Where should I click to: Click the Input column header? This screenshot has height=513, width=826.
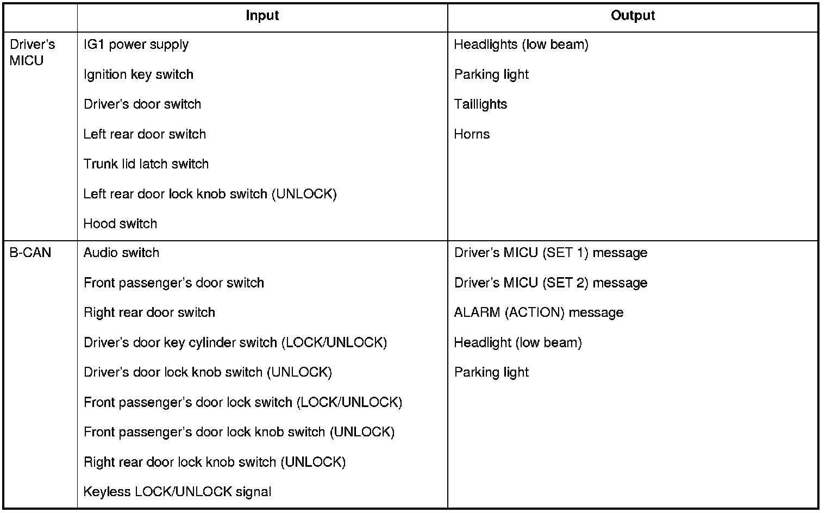tap(262, 16)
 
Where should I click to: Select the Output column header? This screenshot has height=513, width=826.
tap(633, 16)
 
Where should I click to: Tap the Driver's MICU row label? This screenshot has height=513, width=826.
tap(33, 53)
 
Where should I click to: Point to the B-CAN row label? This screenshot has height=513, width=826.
tap(30, 253)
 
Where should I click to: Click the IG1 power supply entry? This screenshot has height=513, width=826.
tap(136, 45)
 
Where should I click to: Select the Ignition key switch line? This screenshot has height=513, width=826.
tap(139, 74)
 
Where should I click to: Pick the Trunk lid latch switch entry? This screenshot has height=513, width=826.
tap(146, 164)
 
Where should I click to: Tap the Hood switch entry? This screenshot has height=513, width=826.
tap(120, 224)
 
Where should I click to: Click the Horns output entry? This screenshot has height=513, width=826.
tap(472, 134)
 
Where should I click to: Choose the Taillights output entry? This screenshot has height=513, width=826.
tap(480, 104)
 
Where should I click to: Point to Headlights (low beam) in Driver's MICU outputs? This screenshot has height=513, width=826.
tap(521, 45)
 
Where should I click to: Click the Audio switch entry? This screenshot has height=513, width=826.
tap(121, 253)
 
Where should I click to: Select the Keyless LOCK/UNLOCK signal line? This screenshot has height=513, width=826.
tap(177, 492)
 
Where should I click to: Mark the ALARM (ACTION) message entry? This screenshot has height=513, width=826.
tap(539, 313)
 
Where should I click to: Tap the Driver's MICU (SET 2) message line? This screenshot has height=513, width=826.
tap(550, 283)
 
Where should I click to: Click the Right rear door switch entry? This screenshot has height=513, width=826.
tap(149, 313)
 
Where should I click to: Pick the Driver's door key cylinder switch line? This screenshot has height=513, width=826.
tap(235, 343)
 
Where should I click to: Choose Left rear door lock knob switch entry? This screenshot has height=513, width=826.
tap(210, 194)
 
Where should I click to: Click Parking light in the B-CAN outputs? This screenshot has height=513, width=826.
tap(491, 373)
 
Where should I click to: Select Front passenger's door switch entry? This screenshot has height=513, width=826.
tap(174, 283)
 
